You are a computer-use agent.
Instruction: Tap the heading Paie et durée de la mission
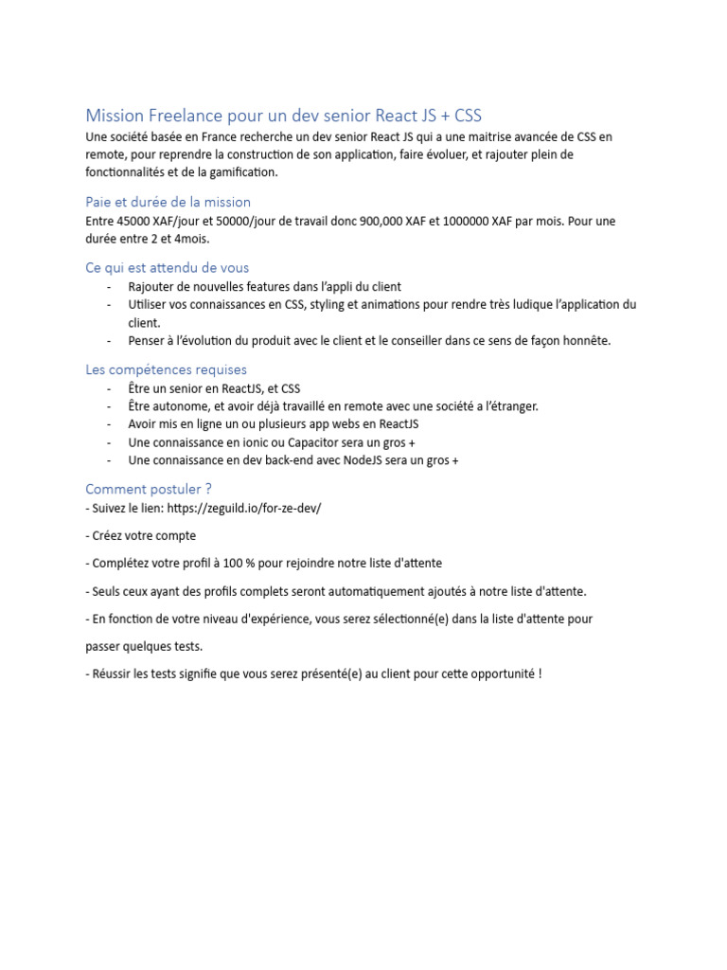pyautogui.click(x=168, y=202)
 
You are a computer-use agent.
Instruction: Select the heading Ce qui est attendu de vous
pyautogui.click(x=167, y=267)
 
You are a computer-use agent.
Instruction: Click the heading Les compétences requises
pyautogui.click(x=166, y=369)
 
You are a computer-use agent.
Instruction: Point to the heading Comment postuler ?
pyautogui.click(x=149, y=489)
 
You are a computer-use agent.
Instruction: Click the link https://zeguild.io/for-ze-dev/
pyautogui.click(x=243, y=508)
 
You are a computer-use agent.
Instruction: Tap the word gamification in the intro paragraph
pyautogui.click(x=241, y=172)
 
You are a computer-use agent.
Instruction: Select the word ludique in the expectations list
pyautogui.click(x=522, y=304)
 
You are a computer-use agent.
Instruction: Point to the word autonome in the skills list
pyautogui.click(x=181, y=406)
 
